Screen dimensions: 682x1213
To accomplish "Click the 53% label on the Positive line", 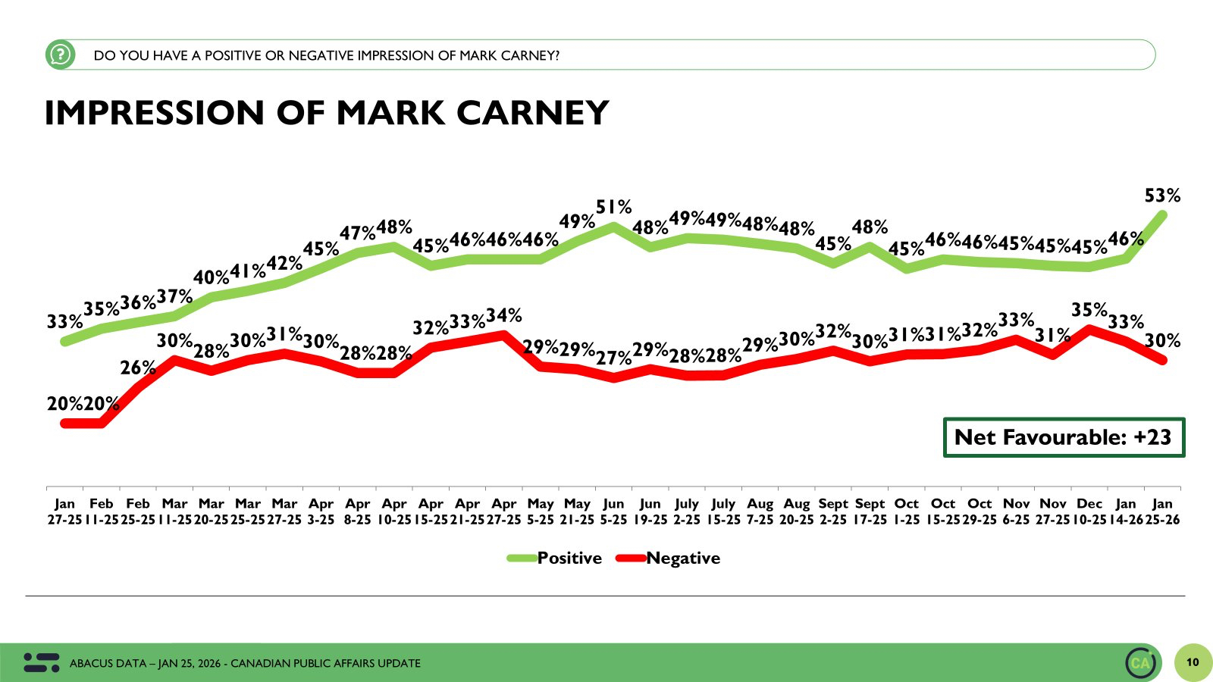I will point(1162,196).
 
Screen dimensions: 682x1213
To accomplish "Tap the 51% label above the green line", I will point(613,207).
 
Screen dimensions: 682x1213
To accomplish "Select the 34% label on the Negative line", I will point(503,315).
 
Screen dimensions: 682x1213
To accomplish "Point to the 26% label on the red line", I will point(138,368).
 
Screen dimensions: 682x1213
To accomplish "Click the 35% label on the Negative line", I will point(1089,310).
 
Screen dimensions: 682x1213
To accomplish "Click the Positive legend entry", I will point(569,558).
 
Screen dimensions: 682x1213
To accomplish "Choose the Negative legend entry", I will point(682,558).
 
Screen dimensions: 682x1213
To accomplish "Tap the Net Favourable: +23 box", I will point(1063,437).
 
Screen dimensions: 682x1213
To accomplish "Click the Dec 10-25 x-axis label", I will point(1089,511).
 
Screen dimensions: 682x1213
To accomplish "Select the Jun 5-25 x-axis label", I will point(613,511).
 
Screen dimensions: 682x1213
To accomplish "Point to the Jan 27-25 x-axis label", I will point(64,511).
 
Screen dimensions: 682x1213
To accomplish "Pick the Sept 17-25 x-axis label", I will point(870,511).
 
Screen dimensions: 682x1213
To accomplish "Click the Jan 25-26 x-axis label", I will point(1162,511).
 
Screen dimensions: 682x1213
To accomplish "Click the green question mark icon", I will point(60,55).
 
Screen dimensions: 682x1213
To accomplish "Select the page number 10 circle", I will point(1193,662).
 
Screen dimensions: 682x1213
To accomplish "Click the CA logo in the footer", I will point(1140,663).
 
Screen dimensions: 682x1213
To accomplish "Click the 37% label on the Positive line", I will point(174,297).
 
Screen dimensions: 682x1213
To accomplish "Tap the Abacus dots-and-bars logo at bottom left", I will point(41,662).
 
